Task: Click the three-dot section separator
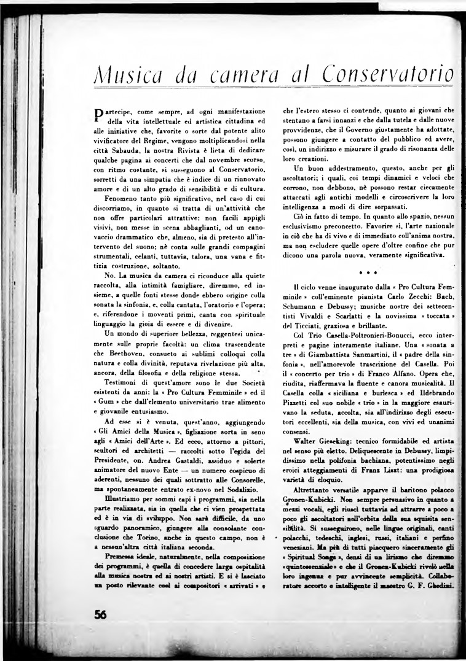coord(368,270)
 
